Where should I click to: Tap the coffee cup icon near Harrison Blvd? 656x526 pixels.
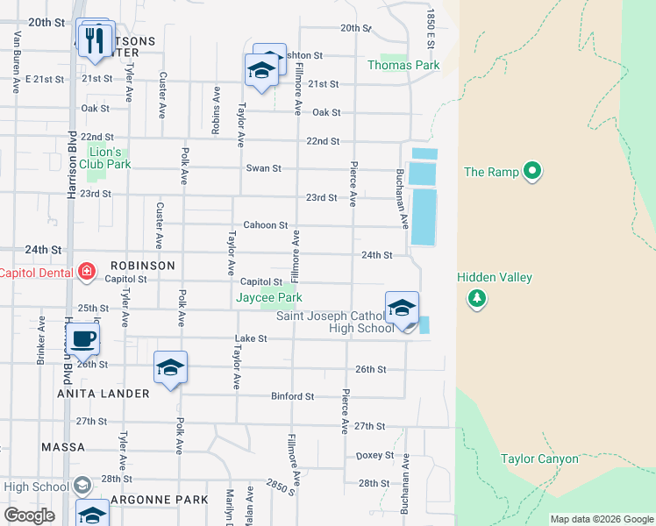pos(83,339)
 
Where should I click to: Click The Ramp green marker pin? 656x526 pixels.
pos(531,172)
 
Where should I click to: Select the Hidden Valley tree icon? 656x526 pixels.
pos(477,299)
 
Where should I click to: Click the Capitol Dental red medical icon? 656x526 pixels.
pos(87,272)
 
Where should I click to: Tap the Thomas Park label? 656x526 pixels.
pos(403,65)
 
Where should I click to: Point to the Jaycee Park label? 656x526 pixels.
pos(268,298)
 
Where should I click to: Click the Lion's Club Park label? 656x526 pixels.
pos(104,158)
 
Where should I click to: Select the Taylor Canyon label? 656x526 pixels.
pos(539,458)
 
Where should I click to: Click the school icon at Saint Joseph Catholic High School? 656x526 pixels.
pos(402,309)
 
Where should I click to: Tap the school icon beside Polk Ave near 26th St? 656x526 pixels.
pos(170,369)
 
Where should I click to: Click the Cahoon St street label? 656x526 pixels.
pos(266,225)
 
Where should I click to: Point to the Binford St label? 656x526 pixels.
pos(292,396)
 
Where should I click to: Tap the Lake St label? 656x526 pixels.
pos(250,338)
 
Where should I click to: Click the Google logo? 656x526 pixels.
pos(30,515)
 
